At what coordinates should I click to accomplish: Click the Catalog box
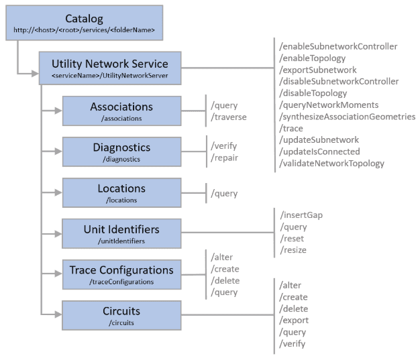tap(85, 23)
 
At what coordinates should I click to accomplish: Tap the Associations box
tap(121, 111)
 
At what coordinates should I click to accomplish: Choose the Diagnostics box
tap(121, 151)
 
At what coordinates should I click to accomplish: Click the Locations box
tap(121, 192)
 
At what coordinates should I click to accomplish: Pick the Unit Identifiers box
tap(121, 233)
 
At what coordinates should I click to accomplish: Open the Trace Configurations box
tap(121, 274)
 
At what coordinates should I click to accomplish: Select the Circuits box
tap(121, 315)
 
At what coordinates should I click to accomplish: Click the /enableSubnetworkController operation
tap(338, 46)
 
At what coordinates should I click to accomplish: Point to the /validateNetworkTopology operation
tap(331, 163)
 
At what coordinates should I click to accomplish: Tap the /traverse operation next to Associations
tap(229, 116)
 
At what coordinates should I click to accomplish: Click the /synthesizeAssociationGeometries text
tap(347, 116)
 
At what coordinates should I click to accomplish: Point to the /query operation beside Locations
tap(224, 193)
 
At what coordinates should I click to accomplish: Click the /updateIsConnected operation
tap(319, 152)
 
